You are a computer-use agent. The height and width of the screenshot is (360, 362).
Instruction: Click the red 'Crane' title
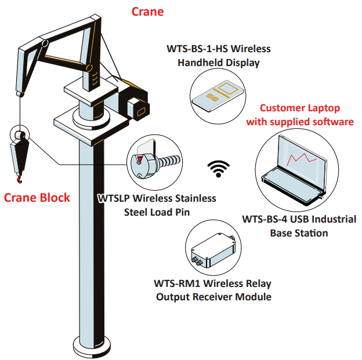pos(147,12)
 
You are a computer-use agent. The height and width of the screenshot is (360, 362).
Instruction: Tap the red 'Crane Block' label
pos(37,198)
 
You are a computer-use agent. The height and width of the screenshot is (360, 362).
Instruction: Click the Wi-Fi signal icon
pos(218,168)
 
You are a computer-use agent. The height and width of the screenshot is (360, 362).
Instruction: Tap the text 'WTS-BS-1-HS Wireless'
pos(218,48)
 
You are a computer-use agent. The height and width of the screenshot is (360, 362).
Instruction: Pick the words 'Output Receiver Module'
pos(213,297)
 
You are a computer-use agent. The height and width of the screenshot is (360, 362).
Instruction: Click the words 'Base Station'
pos(299,233)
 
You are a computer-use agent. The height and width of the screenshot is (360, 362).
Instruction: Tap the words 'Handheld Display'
pos(218,62)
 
